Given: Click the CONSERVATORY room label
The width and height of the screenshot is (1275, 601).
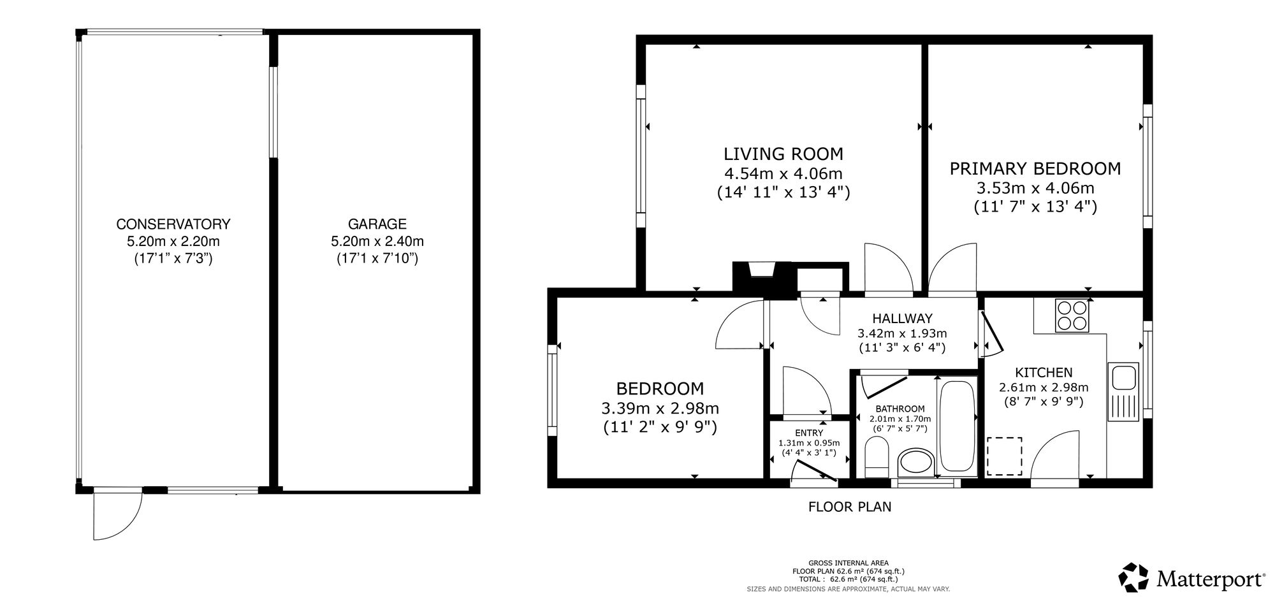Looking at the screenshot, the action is [x=173, y=224].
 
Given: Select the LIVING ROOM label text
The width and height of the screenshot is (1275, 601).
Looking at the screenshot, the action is [x=783, y=154].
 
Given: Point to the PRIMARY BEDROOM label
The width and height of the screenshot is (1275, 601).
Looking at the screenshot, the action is [x=1035, y=169].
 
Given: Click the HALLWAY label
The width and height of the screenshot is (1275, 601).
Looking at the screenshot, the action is [x=902, y=319].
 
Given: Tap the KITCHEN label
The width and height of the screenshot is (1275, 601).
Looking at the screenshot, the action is [x=1044, y=373].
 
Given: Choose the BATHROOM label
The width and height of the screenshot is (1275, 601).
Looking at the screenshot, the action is [x=900, y=409].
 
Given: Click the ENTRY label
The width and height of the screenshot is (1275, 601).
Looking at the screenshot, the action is [x=809, y=433].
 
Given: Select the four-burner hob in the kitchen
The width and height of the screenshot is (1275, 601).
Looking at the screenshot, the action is [x=1072, y=315].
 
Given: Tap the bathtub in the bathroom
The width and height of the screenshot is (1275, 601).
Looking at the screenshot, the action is [x=956, y=427].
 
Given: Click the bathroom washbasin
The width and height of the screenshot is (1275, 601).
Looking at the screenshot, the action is [x=915, y=462].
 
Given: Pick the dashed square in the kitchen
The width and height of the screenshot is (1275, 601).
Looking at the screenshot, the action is [x=1005, y=456].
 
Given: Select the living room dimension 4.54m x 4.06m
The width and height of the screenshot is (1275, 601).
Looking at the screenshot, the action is [x=783, y=173].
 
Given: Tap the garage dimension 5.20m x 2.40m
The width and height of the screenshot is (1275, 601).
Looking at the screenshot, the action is [x=377, y=242].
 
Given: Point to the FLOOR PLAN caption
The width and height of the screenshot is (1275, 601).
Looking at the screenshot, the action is [x=850, y=507].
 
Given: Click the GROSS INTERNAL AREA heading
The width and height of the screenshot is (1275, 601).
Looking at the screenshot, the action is [x=849, y=563].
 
